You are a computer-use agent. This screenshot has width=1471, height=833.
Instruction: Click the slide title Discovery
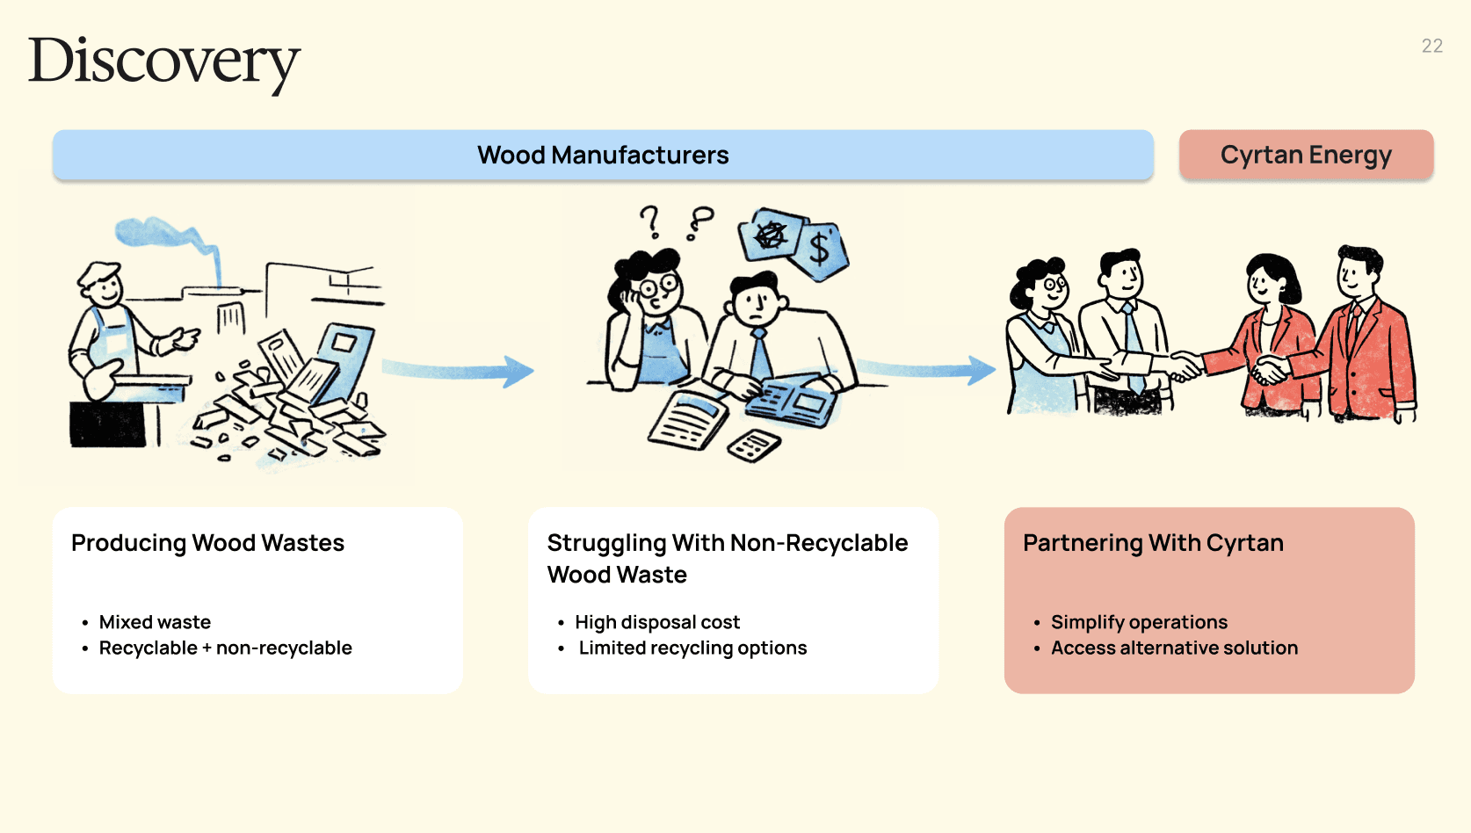point(164,62)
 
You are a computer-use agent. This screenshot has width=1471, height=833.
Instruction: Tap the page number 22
point(1431,47)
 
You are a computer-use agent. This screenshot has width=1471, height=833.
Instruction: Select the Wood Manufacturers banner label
point(603,156)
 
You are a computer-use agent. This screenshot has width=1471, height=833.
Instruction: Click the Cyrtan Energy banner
point(1306,156)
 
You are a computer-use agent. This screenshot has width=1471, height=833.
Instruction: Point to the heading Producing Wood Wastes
point(207,543)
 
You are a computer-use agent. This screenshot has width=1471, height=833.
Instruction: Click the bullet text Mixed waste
point(155,622)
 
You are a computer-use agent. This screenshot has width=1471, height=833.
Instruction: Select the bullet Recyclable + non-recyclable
point(225,648)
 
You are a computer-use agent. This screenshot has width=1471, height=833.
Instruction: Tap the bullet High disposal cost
point(657,622)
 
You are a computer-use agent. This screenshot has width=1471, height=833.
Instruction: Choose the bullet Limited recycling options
point(692,648)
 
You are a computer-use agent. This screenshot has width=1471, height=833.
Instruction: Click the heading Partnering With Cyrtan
point(1153,543)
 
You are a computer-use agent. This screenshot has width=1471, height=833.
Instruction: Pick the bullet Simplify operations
point(1139,622)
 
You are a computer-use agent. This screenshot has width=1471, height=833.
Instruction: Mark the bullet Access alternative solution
point(1174,648)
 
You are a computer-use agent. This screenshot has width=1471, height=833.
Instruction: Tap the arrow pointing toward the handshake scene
point(927,370)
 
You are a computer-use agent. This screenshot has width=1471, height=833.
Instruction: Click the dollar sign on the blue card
point(820,249)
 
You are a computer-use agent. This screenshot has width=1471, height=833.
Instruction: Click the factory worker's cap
point(98,272)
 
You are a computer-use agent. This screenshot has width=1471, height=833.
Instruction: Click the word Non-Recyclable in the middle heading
point(825,543)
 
